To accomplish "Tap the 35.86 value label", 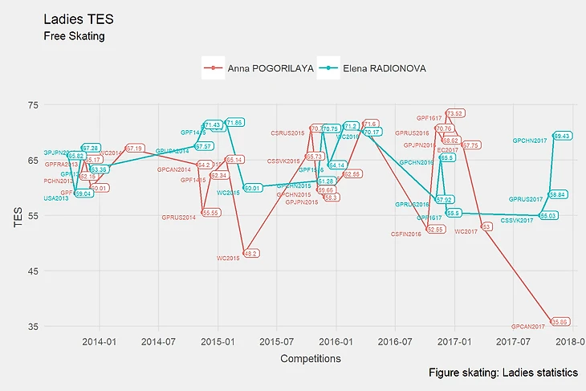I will tap(560, 322).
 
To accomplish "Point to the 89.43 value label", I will tap(563, 136).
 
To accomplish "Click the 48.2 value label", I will tap(251, 253).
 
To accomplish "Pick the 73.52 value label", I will tap(455, 113).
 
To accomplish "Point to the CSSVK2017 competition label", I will tap(517, 220).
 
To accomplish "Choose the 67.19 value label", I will tap(135, 149).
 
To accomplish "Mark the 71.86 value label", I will tap(234, 123).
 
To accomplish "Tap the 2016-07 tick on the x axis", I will tap(394, 341).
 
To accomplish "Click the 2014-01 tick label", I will tap(100, 341).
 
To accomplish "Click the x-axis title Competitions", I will tap(311, 359).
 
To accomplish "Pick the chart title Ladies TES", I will tap(73, 18).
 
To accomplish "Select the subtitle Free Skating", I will tap(74, 36).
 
